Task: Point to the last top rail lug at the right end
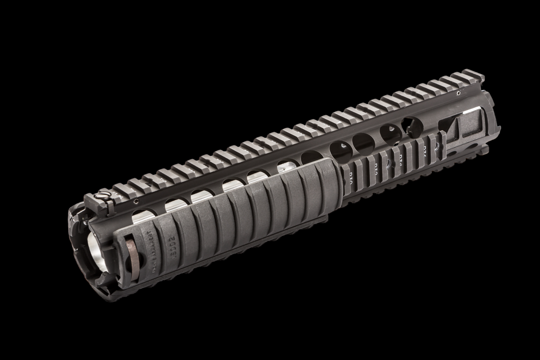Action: (x=472, y=75)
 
